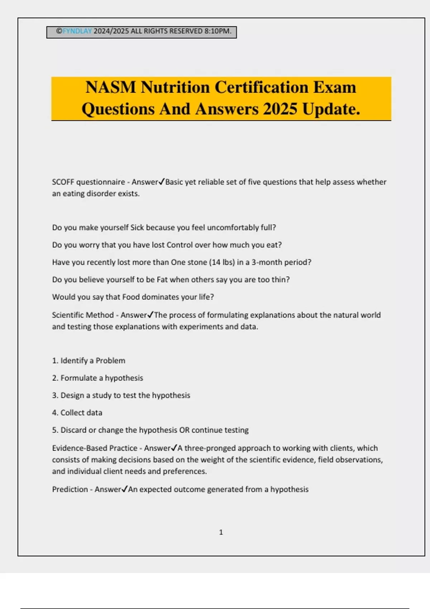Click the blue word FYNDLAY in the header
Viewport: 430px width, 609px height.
click(x=77, y=31)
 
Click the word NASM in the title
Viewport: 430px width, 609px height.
click(x=111, y=87)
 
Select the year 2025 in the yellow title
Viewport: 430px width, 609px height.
click(x=280, y=109)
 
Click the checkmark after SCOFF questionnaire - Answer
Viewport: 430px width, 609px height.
click(x=162, y=182)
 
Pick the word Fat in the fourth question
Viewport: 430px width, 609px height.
click(x=162, y=279)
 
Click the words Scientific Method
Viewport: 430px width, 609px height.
click(x=83, y=315)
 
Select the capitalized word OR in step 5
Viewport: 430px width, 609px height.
click(x=184, y=430)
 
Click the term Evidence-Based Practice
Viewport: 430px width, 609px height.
click(x=95, y=448)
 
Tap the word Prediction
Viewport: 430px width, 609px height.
click(x=70, y=489)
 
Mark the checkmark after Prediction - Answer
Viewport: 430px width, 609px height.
click(x=124, y=489)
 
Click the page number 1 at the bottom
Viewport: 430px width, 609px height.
click(x=221, y=532)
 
